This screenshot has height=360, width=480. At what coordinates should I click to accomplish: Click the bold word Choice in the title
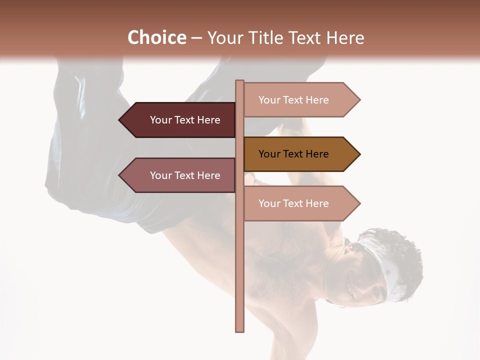coord(156,37)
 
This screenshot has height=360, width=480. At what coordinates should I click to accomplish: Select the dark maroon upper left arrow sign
coord(180,120)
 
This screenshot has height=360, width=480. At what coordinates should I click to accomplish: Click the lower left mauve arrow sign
coord(180,175)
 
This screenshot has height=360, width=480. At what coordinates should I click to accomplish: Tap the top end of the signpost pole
coord(240,82)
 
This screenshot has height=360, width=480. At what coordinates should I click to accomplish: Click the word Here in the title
coord(345,37)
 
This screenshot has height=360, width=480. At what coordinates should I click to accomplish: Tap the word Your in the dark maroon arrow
coord(160,120)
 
